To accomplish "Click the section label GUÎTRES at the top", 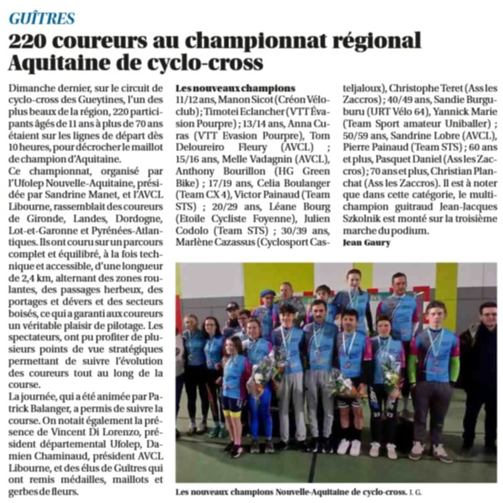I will (41, 18).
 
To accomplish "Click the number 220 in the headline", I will (33, 41).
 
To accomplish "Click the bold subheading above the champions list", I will (234, 88).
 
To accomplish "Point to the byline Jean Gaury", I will (366, 242).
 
